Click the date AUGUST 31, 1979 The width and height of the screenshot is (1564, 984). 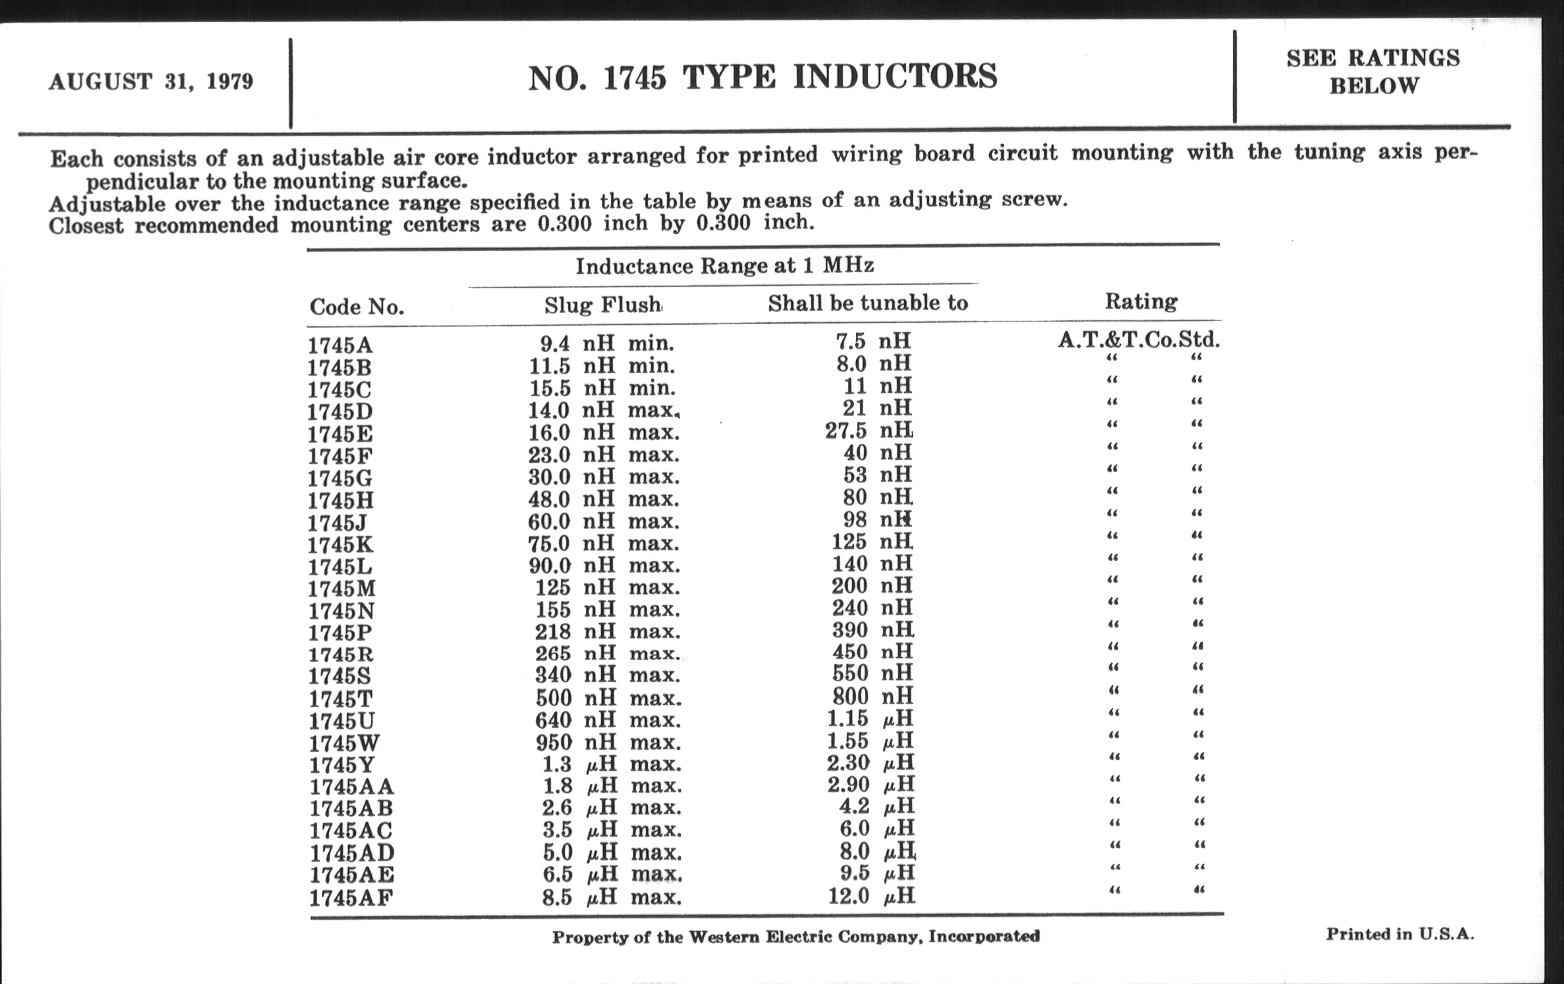150,82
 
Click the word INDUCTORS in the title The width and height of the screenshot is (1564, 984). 895,77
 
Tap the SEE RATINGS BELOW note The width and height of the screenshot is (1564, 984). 1373,71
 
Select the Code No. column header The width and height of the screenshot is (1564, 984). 356,307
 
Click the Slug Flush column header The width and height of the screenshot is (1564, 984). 603,305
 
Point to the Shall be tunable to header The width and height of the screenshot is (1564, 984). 868,304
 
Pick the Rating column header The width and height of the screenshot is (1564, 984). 1141,302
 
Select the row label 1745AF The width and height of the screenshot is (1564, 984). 351,898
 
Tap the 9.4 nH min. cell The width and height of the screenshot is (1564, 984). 606,343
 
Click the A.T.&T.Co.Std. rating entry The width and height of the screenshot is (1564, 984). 1138,340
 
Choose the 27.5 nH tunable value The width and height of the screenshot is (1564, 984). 868,430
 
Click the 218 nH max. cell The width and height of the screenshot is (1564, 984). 607,632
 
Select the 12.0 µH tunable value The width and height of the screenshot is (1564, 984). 871,897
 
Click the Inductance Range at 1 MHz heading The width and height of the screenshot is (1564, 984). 724,266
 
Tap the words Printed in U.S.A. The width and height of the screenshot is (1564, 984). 1399,934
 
